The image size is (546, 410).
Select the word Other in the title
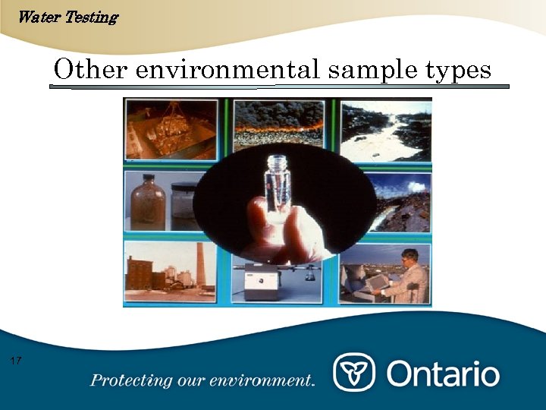(x=83, y=70)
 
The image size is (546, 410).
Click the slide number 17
(x=16, y=360)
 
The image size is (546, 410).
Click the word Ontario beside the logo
(x=444, y=374)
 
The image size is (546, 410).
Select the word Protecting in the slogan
(x=130, y=380)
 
